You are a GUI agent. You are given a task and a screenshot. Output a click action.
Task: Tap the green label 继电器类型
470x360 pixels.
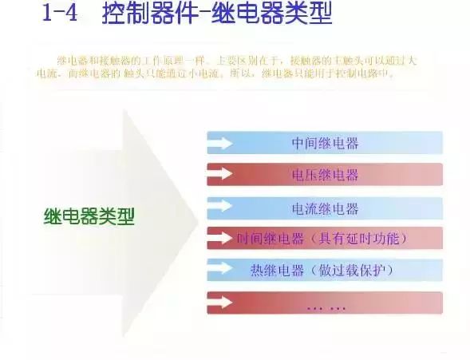(89, 216)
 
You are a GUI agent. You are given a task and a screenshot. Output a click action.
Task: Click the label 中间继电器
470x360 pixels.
(325, 144)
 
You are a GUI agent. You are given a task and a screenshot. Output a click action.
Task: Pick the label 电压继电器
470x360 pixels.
(325, 175)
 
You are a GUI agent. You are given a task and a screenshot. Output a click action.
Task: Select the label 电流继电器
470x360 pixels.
(325, 208)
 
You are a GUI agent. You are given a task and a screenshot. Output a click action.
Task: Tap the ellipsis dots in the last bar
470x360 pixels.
(325, 304)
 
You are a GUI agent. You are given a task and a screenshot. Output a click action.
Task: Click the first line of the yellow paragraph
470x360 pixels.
(232, 61)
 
